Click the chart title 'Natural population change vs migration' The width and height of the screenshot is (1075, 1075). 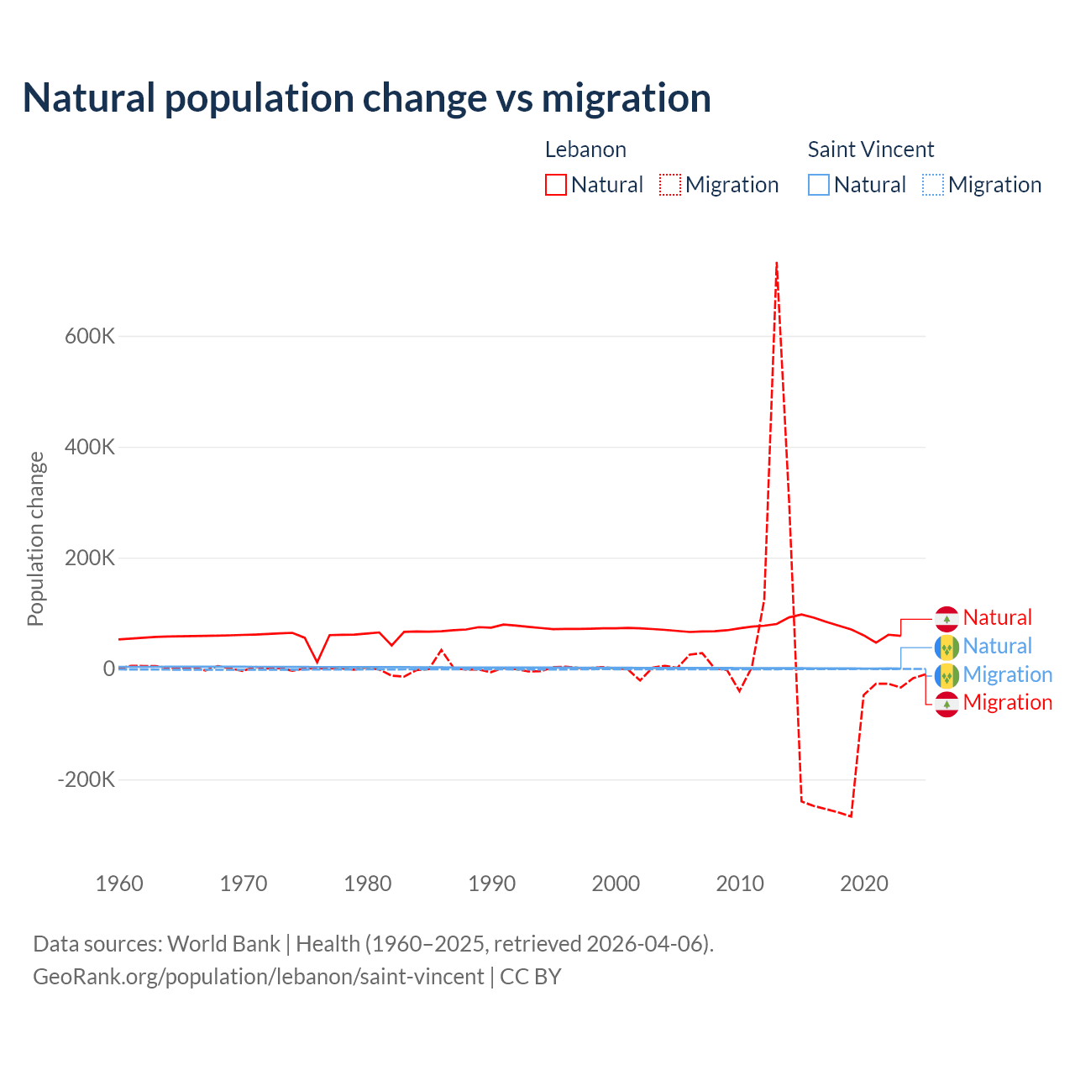click(367, 97)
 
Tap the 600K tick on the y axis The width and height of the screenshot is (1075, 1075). click(90, 336)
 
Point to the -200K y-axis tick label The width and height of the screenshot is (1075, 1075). click(86, 779)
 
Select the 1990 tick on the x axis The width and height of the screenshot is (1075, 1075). click(492, 884)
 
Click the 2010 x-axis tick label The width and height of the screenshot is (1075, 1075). click(740, 884)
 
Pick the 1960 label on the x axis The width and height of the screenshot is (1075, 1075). click(120, 884)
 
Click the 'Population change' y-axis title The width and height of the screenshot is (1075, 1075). click(35, 538)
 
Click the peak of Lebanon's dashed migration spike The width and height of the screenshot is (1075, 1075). click(777, 263)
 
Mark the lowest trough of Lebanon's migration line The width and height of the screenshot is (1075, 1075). click(851, 815)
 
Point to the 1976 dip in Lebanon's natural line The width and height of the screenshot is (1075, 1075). click(317, 662)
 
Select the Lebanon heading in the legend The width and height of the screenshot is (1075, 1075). click(585, 149)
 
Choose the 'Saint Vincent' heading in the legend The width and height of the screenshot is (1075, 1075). click(871, 149)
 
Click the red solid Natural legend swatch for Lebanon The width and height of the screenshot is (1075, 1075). click(556, 185)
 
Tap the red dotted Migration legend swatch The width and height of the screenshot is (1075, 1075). click(670, 185)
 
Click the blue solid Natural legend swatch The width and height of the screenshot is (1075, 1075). click(819, 185)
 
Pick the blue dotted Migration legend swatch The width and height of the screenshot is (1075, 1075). click(933, 185)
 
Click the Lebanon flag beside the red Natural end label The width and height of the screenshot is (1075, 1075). click(947, 618)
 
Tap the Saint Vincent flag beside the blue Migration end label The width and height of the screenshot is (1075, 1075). click(947, 675)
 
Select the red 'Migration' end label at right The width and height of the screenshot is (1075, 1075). click(1008, 703)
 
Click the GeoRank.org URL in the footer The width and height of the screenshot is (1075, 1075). click(259, 977)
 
